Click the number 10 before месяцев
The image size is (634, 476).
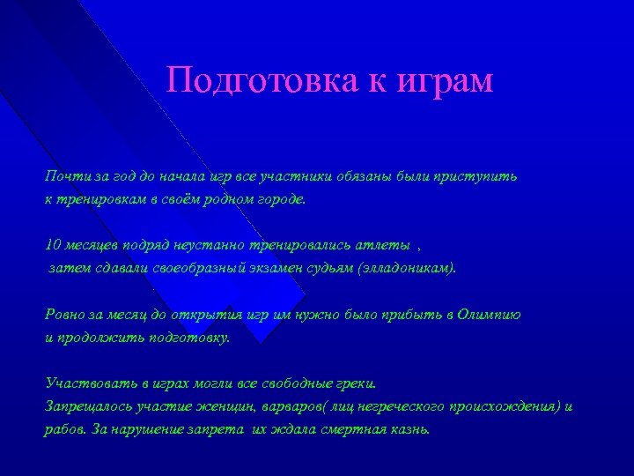pos(52,244)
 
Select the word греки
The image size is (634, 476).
pos(355,383)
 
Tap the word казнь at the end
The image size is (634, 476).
pos(410,430)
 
